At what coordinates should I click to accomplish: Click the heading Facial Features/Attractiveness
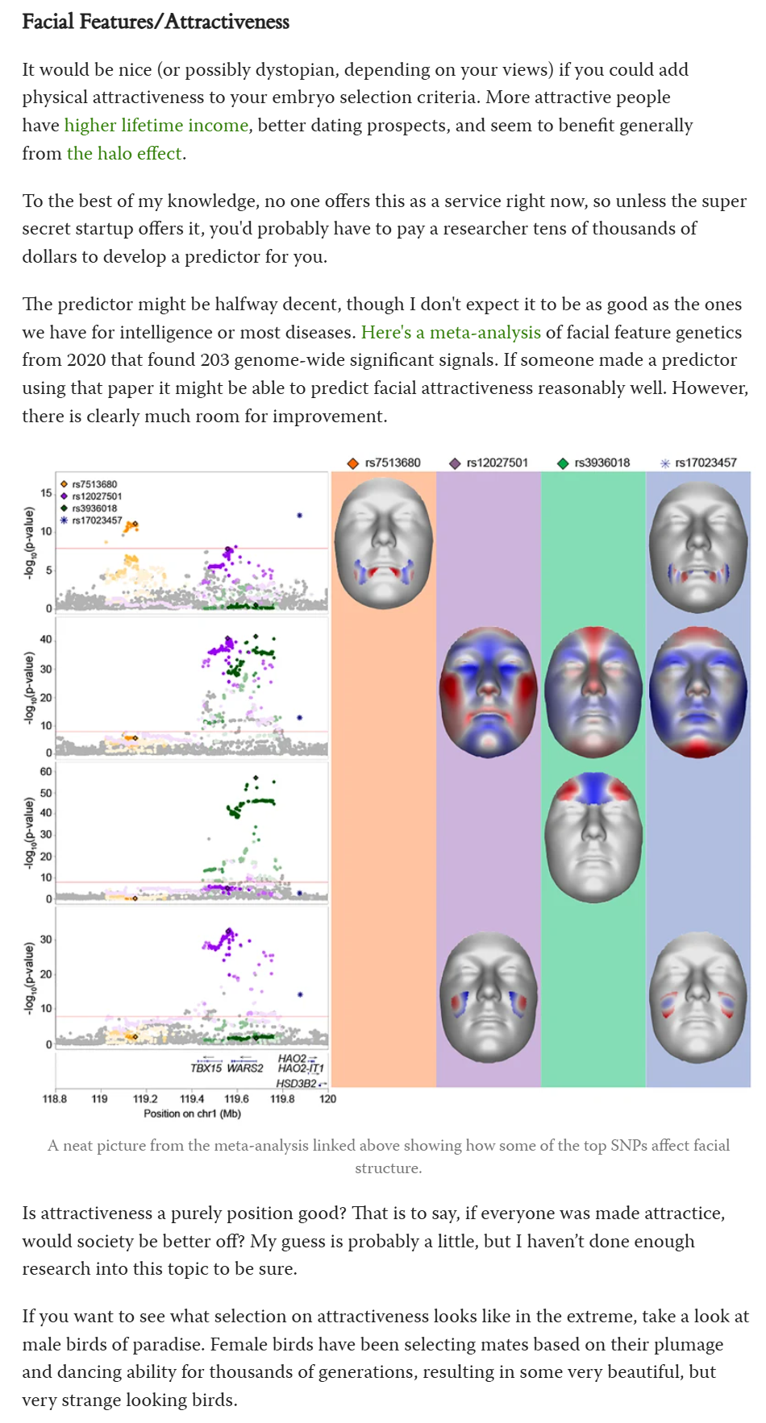tap(156, 22)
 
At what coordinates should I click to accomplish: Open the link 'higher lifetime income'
tap(156, 125)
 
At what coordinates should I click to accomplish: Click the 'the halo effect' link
tap(124, 153)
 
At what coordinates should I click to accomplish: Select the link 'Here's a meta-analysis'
tap(451, 332)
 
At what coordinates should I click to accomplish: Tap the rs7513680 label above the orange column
tap(392, 463)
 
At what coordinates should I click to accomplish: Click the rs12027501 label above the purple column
tap(497, 463)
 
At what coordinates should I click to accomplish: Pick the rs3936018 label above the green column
tap(602, 463)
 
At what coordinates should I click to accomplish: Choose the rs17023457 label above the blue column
tap(706, 463)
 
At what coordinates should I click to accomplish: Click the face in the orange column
tap(384, 541)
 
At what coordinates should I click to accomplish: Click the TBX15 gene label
tap(206, 1068)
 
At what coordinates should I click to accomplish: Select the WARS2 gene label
tap(245, 1068)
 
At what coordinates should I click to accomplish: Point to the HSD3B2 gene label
tap(296, 1084)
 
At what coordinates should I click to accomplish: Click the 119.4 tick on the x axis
tap(192, 1098)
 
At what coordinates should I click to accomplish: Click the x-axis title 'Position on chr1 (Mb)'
tap(192, 1114)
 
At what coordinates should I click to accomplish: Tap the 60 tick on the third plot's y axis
tap(46, 772)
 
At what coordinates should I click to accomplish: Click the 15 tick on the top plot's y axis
tap(46, 493)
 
